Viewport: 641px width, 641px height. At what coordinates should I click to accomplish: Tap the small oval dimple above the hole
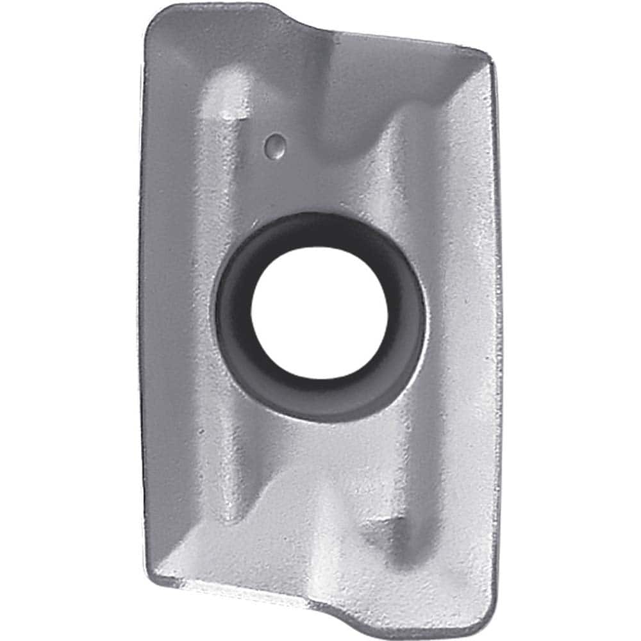pos(276,146)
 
